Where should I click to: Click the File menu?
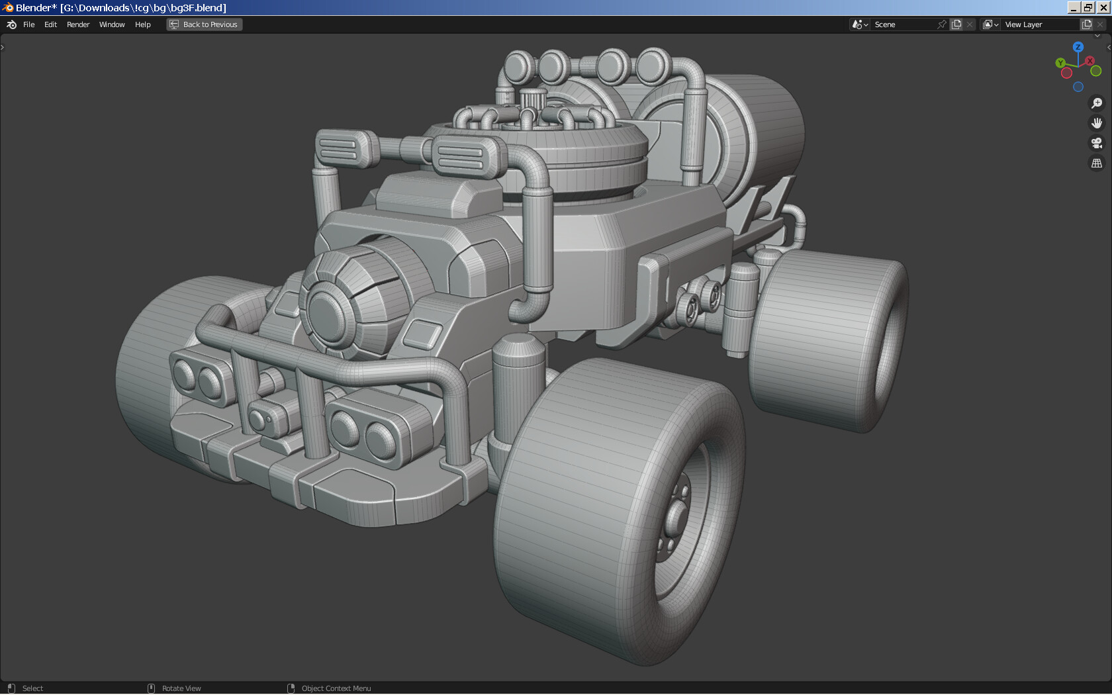[28, 24]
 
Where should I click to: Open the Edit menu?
[50, 24]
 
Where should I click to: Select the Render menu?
[78, 24]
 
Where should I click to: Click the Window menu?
[112, 24]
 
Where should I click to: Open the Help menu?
[142, 24]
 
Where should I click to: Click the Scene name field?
[903, 24]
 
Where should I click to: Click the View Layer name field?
[1039, 24]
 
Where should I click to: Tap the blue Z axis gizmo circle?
[1078, 47]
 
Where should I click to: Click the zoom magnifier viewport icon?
[1097, 103]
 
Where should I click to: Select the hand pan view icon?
[1097, 123]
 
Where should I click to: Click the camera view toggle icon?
[1097, 143]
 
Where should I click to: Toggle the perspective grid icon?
[1097, 163]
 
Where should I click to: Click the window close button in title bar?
[1103, 7]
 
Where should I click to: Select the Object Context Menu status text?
[336, 688]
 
